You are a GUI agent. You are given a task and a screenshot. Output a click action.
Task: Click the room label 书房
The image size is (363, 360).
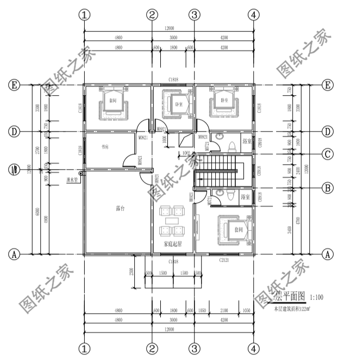point(105,147)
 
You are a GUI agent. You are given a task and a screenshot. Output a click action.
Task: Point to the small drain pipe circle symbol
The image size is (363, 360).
point(80,173)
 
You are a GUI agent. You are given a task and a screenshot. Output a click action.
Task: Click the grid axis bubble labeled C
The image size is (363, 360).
point(327,154)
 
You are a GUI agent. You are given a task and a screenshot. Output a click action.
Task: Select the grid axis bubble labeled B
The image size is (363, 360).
point(327,188)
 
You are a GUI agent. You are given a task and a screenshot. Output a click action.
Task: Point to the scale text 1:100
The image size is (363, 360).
point(316,297)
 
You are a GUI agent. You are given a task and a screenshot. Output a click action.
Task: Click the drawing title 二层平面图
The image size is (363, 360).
point(285,297)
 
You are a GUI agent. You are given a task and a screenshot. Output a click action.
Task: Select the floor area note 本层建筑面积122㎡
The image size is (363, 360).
point(291,308)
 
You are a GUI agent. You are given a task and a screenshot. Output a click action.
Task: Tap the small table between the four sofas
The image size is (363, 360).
point(173,220)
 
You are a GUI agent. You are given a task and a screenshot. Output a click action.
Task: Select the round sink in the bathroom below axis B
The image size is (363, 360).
point(220,192)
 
